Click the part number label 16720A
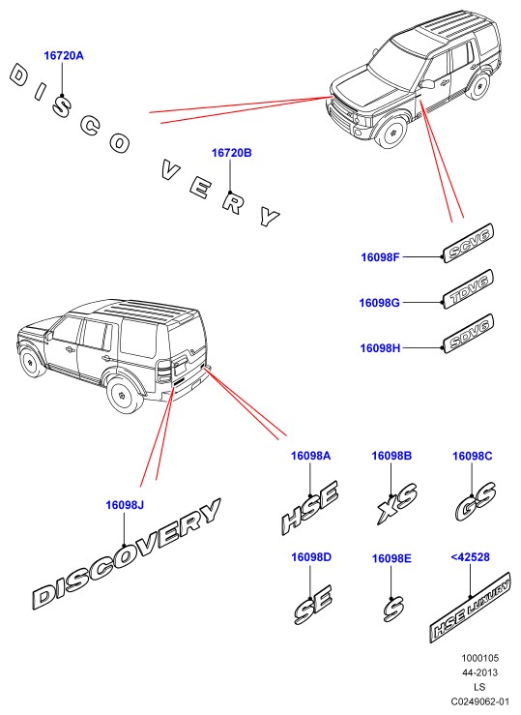click(64, 55)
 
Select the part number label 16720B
click(231, 153)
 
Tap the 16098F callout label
click(380, 257)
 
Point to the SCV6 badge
click(469, 243)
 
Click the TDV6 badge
click(469, 289)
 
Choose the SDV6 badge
click(469, 334)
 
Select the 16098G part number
click(379, 303)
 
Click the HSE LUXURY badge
click(470, 608)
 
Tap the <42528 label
click(470, 556)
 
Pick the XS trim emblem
click(397, 502)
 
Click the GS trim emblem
click(476, 501)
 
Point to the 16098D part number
click(311, 556)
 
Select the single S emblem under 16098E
click(393, 609)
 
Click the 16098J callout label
click(125, 505)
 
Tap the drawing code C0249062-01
click(480, 701)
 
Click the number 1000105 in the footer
click(480, 658)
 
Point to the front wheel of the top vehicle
click(391, 133)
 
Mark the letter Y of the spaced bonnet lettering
click(270, 216)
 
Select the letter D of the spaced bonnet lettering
click(19, 75)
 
